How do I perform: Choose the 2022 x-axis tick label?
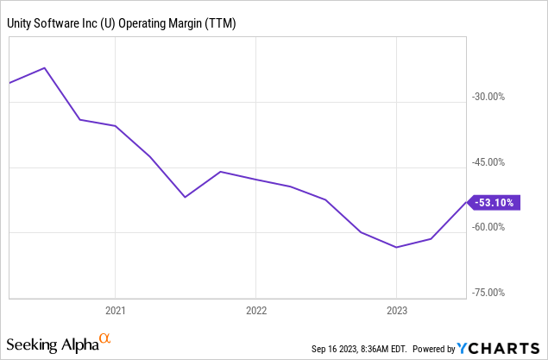[255, 309]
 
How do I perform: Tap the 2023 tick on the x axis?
[396, 309]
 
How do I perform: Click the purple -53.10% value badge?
[494, 203]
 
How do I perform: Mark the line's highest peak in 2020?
[45, 67]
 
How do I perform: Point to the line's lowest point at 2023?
[396, 248]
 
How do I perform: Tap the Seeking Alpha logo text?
[52, 344]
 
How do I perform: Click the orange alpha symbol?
[104, 340]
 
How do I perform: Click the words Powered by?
[434, 349]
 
